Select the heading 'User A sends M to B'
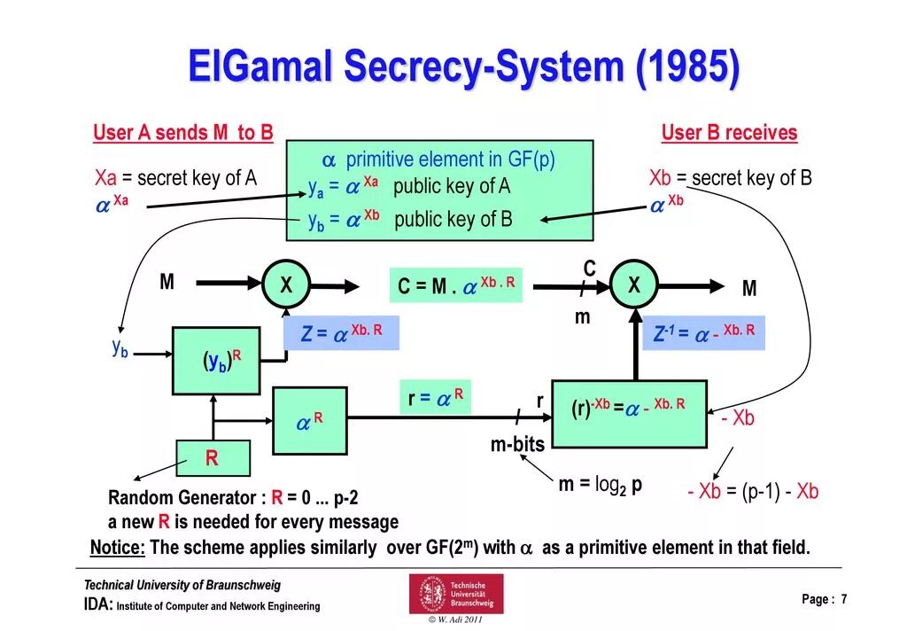pos(183,134)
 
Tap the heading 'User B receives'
pos(729,134)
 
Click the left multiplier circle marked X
pos(286,284)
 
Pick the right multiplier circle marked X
pos(634,284)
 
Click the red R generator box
pos(213,458)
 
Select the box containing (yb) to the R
pos(216,361)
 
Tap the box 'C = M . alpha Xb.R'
pos(456,286)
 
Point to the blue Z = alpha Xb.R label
pos(341,333)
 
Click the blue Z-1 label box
pos(704,333)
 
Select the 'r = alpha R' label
pos(435,397)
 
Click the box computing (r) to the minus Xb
pos(629,413)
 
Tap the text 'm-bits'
pos(518,445)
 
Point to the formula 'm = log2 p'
pos(601,485)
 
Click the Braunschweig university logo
pos(455,594)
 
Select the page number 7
pos(844,600)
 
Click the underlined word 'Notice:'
pos(118,548)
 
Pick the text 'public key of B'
pos(453,219)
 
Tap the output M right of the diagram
pos(749,289)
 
